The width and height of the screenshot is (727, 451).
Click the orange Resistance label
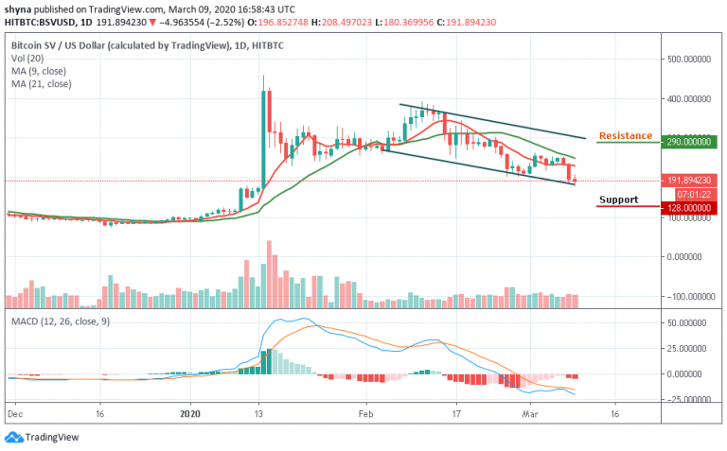pos(625,136)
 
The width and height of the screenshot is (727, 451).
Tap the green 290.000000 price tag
pos(689,142)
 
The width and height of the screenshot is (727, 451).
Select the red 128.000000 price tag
pos(689,207)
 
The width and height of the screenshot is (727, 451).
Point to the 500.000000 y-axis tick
pos(689,59)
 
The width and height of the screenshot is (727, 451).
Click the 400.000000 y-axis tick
pos(689,98)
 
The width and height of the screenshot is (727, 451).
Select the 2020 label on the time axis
pos(190,414)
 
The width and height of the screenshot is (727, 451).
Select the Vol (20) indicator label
pos(27,57)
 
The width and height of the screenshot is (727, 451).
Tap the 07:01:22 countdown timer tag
pos(689,194)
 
